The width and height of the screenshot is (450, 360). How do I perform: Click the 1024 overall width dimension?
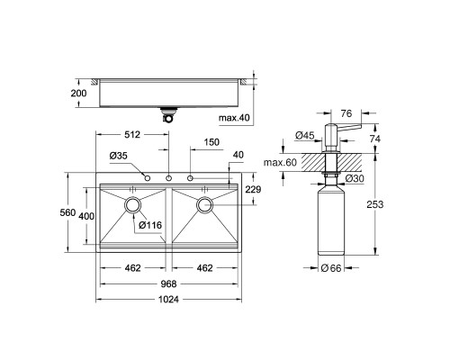pyautogui.click(x=168, y=299)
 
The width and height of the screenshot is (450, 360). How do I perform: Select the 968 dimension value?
pyautogui.click(x=168, y=283)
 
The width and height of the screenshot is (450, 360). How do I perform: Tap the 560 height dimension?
pyautogui.click(x=67, y=212)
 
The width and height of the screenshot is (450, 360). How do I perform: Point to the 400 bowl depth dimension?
pyautogui.click(x=86, y=216)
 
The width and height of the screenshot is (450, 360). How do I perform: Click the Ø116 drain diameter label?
pyautogui.click(x=150, y=225)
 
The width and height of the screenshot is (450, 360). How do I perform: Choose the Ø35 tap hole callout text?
pyautogui.click(x=119, y=156)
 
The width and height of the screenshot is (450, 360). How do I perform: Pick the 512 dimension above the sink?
pyautogui.click(x=132, y=135)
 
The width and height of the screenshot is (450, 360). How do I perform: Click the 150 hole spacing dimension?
pyautogui.click(x=211, y=142)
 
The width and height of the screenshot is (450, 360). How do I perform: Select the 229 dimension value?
pyautogui.click(x=253, y=189)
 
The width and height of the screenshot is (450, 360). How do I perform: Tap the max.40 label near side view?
pyautogui.click(x=234, y=118)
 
